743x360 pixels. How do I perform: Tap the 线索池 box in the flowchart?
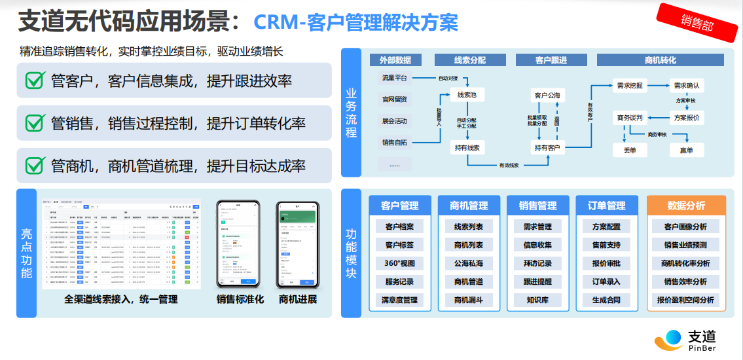pos(467,96)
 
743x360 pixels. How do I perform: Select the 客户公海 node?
pos(547,96)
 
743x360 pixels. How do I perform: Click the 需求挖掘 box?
pos(630,85)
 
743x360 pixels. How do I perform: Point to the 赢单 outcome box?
pos(686,150)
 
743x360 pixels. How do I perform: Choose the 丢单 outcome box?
pos(630,150)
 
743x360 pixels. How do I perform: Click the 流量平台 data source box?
pos(395,79)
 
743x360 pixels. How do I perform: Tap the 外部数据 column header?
pos(395,60)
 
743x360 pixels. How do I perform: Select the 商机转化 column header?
pos(660,60)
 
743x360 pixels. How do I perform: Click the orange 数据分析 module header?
pos(686,206)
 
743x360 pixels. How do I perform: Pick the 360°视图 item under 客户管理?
pos(399,263)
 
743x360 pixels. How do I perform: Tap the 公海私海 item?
pos(468,263)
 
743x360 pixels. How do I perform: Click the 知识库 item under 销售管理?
pos(537,300)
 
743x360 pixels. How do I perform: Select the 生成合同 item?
pos(606,300)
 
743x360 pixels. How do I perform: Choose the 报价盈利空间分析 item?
pos(685,300)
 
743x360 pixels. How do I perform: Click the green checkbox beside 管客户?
pos(34,81)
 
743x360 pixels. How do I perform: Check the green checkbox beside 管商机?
pos(34,165)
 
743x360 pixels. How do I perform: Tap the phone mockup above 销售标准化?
pos(238,244)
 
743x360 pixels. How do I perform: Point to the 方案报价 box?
pos(686,118)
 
